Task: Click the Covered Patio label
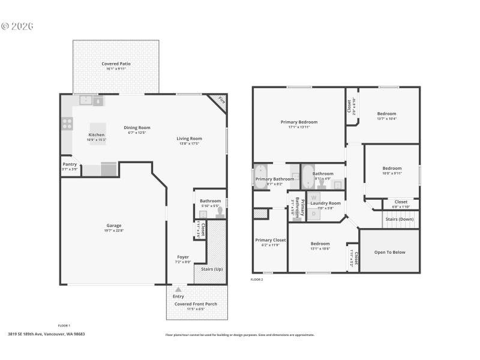point(116,64)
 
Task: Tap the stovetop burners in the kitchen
point(67,124)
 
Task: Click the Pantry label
point(70,164)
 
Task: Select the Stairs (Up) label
point(211,269)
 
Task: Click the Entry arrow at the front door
point(178,290)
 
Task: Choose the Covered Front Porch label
point(196,304)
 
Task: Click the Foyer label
point(183,257)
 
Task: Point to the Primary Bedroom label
point(299,122)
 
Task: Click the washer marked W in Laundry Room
point(314,197)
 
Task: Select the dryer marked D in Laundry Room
point(313,213)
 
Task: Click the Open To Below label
point(389,252)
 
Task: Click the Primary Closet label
point(270,240)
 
